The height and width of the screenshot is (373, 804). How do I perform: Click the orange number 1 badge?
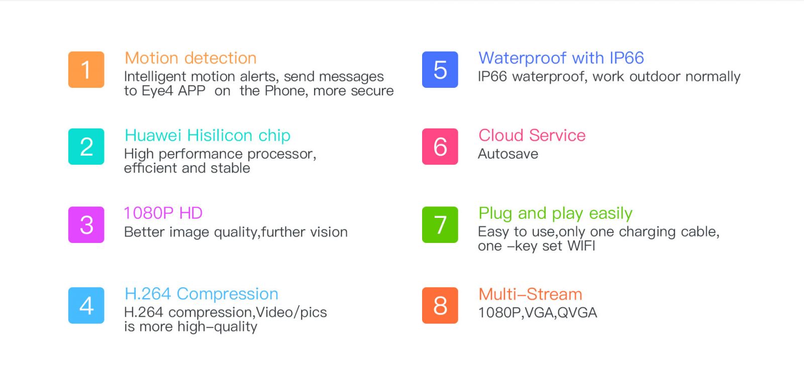point(86,70)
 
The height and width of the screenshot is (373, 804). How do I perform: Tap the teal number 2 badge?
point(86,147)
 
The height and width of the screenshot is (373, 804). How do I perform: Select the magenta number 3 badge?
point(86,225)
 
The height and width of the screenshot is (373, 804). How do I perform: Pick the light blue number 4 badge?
point(86,306)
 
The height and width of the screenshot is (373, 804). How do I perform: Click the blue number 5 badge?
point(440,70)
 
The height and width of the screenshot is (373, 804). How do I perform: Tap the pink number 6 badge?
point(440,147)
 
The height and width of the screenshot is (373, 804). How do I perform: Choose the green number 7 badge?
point(440,225)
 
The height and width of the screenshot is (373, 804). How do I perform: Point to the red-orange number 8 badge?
point(440,306)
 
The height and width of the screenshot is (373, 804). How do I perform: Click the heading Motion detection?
point(190,58)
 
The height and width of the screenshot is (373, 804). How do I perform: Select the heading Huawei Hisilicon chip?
point(208,136)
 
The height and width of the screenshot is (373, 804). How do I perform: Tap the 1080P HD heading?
point(163,213)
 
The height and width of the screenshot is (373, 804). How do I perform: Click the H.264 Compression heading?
point(202,294)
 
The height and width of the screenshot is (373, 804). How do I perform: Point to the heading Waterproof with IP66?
point(561,58)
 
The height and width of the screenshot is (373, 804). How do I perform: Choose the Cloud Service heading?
point(532,136)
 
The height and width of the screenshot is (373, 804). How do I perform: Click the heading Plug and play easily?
point(556,214)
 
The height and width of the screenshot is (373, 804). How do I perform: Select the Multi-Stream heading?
point(531,295)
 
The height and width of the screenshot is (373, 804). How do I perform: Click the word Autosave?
point(508,154)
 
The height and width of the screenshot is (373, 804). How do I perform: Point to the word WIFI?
point(581,246)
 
